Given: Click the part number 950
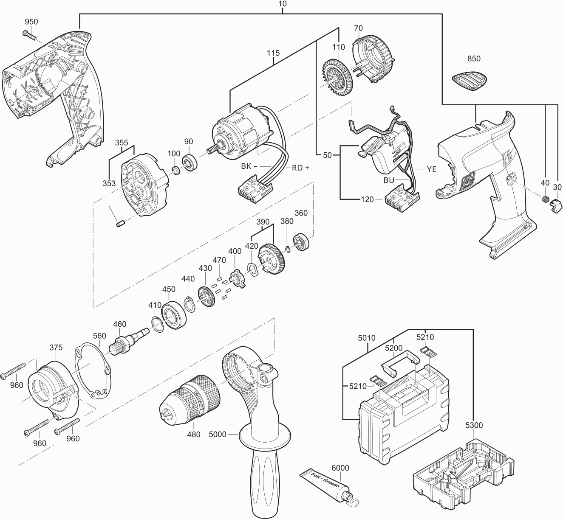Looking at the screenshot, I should tap(31, 22).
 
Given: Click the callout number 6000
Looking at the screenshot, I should tap(340, 468).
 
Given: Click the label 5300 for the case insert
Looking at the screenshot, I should tap(474, 425).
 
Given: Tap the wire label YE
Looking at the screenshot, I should tap(431, 169).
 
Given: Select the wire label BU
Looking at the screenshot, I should tap(389, 180).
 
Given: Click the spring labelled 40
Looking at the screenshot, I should tap(544, 199).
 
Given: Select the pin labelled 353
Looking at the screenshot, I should tap(120, 223).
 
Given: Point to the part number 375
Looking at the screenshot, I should tap(56, 348).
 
